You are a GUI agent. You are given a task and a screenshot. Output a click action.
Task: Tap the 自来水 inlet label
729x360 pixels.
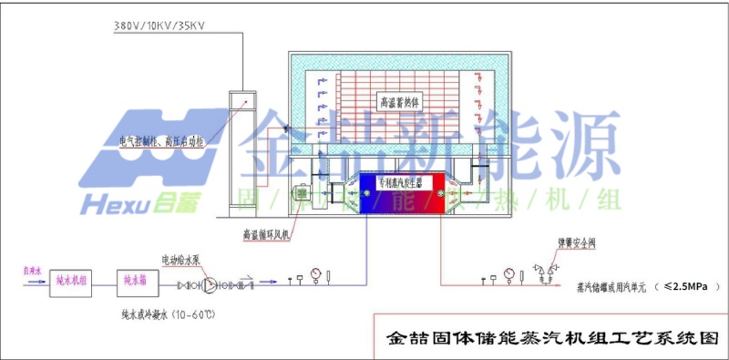coord(33,270)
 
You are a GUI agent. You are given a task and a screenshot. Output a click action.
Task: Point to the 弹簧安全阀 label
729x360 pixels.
coord(576,243)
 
